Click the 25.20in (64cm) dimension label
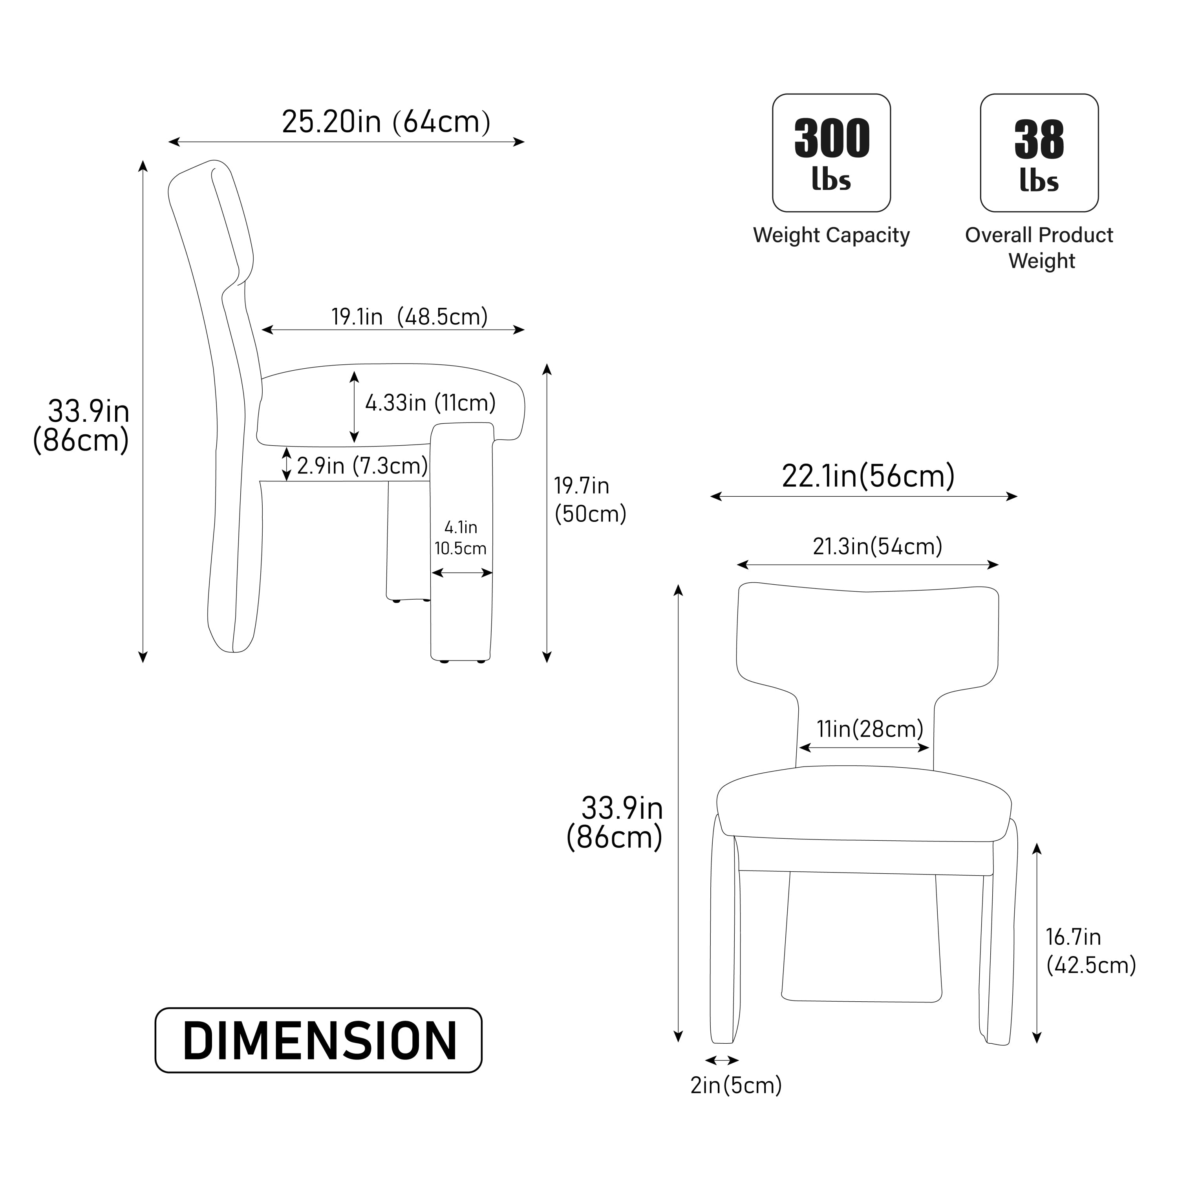click(x=386, y=122)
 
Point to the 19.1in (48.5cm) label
click(x=409, y=317)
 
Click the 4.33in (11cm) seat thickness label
click(x=430, y=403)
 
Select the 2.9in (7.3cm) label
click(x=362, y=466)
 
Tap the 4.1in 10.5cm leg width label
click(x=460, y=537)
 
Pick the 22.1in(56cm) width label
click(x=868, y=476)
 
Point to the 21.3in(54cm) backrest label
click(x=877, y=546)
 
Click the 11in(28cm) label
click(x=869, y=729)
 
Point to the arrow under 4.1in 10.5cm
click(x=461, y=573)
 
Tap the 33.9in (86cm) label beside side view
click(x=83, y=426)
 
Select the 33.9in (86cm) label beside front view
click(x=616, y=823)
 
